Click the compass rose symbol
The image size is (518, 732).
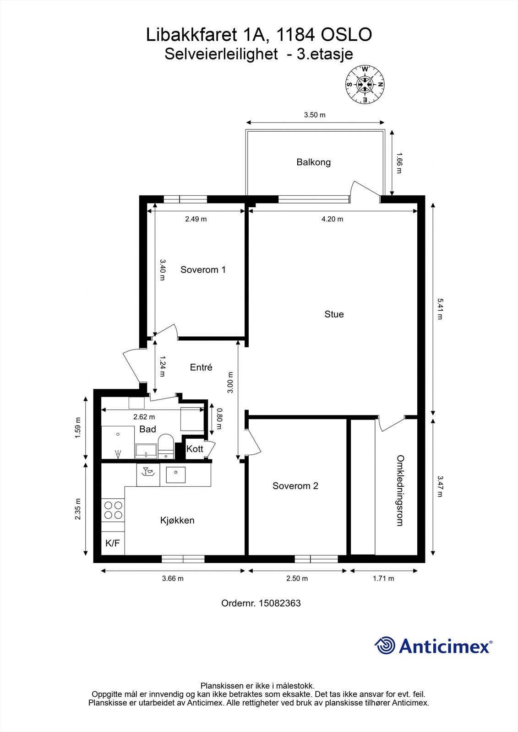[365, 85]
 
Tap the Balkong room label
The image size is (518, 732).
[313, 162]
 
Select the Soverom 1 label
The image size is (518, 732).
[203, 269]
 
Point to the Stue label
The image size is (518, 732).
[334, 314]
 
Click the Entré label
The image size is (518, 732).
[201, 367]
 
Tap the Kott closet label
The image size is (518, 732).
[195, 449]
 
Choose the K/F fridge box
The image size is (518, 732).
[113, 543]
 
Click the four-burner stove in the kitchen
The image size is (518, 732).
[113, 510]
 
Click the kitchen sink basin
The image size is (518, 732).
[176, 475]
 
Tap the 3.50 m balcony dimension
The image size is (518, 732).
[315, 115]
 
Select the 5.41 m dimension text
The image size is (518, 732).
[440, 309]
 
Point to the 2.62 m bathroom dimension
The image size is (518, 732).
[144, 417]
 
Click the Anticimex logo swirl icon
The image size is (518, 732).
[385, 645]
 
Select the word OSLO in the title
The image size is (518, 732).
[346, 35]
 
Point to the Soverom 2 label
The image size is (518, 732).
[295, 486]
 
